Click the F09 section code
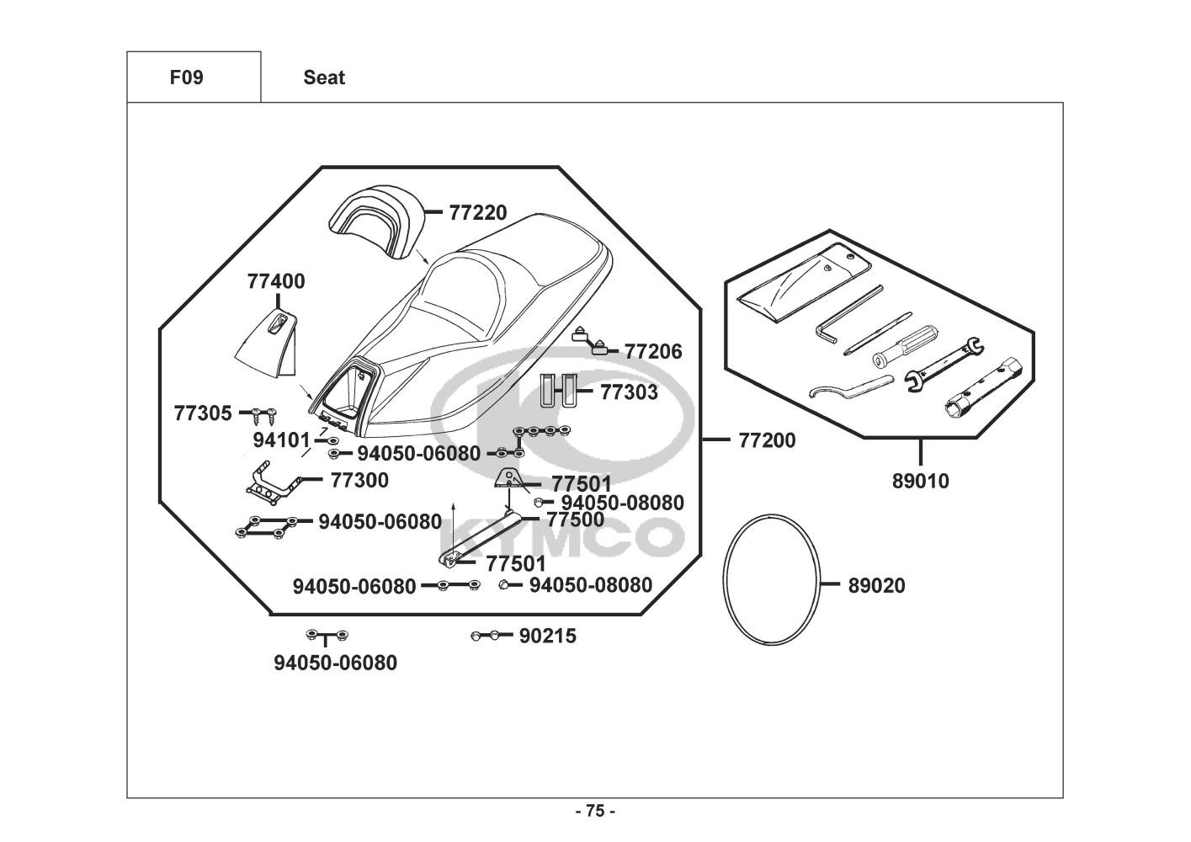point(186,77)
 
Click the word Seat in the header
point(324,77)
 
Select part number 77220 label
point(478,213)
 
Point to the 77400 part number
point(276,281)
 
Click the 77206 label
point(653,351)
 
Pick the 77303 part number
point(629,392)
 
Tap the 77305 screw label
point(203,413)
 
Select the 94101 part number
point(282,440)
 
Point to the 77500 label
point(576,520)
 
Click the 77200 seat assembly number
point(767,440)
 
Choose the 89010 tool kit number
point(920,482)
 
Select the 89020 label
point(877,586)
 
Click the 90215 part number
point(548,637)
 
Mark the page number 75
point(595,812)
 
